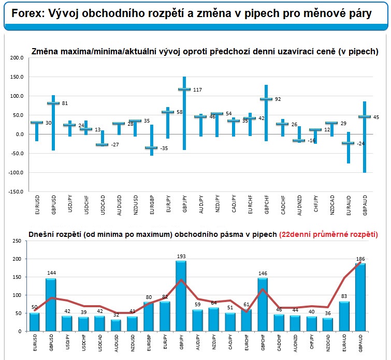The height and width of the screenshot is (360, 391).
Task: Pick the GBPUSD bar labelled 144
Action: [x=51, y=305]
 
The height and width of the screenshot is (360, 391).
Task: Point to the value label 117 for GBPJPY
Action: [x=197, y=90]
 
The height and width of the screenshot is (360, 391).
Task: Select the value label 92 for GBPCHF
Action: [x=278, y=99]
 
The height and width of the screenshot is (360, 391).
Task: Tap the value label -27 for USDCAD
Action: [x=115, y=145]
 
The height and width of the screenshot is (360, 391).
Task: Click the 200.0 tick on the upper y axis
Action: [x=18, y=58]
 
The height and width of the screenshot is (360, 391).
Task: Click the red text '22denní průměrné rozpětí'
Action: [x=328, y=234]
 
